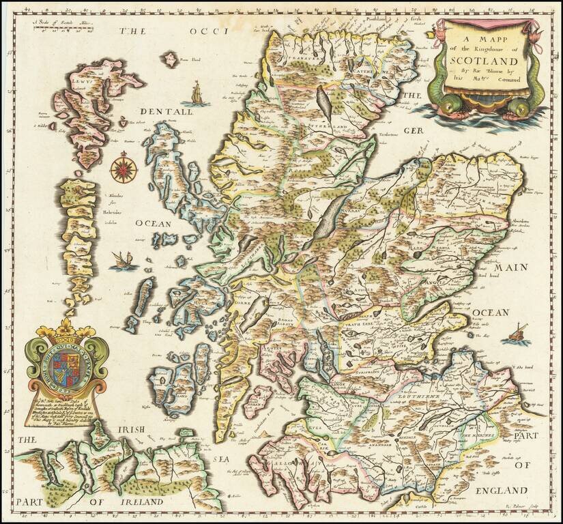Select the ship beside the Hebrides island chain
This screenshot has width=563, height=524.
[x=122, y=259]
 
